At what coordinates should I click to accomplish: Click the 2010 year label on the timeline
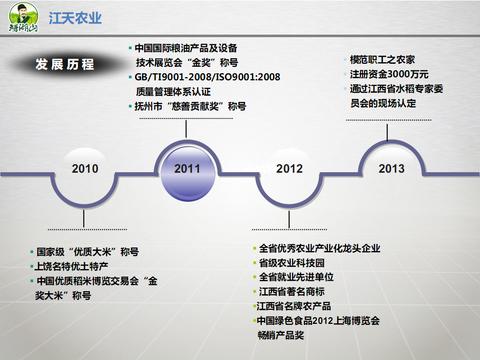click(85, 169)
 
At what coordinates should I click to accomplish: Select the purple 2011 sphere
click(188, 174)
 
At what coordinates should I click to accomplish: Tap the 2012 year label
click(289, 169)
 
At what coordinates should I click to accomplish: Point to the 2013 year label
click(392, 169)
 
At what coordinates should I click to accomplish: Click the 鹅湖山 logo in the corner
click(24, 17)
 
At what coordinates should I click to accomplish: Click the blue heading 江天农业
click(75, 18)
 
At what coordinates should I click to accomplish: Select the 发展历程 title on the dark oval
click(65, 64)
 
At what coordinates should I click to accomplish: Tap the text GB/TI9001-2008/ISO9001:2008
click(207, 77)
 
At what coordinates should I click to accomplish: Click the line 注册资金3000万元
click(389, 74)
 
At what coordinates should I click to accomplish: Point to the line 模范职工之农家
click(383, 60)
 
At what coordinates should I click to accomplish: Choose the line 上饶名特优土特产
click(71, 266)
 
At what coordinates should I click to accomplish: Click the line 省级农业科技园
click(292, 263)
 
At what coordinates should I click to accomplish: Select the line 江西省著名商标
click(292, 291)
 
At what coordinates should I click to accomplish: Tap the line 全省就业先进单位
click(296, 277)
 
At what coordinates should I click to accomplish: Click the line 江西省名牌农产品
click(294, 306)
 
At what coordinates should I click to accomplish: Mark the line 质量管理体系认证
click(173, 91)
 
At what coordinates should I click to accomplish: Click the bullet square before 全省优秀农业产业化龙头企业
click(255, 248)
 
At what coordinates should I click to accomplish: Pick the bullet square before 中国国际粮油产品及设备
click(130, 48)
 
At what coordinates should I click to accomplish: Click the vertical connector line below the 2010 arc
click(83, 219)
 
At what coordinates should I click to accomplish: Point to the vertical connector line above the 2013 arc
click(387, 133)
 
